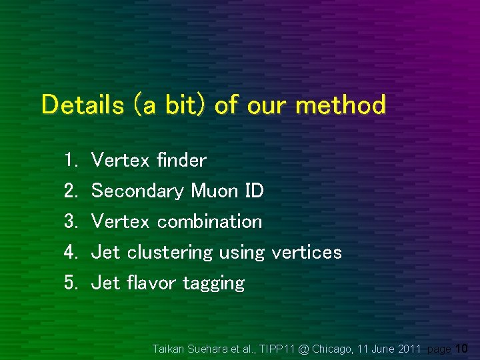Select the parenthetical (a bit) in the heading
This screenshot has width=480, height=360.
coord(171,105)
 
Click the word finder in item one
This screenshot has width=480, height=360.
coord(181,160)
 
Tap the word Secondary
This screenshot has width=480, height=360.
coord(137,191)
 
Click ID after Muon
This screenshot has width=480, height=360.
coord(255,191)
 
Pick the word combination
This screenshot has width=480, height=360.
coord(209,221)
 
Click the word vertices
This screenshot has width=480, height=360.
coord(306,252)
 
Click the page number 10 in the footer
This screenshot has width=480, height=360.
coord(462,348)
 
